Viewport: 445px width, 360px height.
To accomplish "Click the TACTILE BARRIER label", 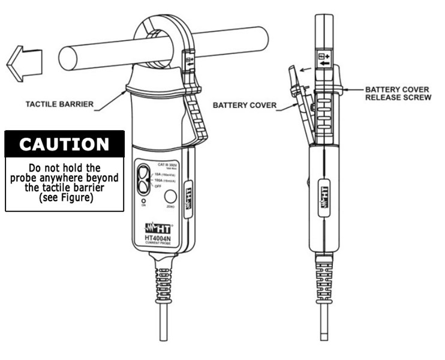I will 59,104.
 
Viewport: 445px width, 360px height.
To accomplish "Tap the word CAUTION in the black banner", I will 64,145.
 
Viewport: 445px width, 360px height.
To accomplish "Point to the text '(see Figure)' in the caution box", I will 65,198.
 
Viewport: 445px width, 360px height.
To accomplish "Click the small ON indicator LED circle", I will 144,199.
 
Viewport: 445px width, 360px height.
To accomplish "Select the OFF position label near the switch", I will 158,187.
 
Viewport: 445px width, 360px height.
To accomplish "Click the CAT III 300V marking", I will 168,163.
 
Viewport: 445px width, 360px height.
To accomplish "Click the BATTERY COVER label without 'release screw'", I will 245,105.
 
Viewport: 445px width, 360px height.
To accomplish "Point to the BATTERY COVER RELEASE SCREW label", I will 398,93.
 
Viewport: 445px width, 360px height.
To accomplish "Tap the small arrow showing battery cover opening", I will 305,71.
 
